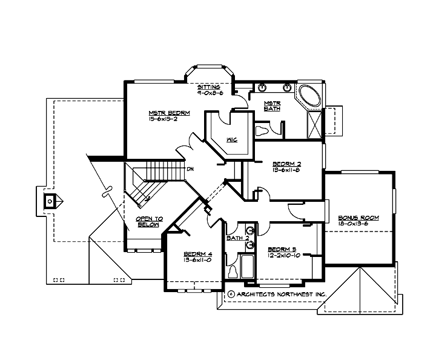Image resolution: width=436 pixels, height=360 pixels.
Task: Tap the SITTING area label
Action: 209,87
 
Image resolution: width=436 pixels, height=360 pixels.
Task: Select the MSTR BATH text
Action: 272,105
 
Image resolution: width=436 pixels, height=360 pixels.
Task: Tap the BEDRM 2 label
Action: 287,163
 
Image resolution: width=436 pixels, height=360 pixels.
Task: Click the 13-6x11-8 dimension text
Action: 287,170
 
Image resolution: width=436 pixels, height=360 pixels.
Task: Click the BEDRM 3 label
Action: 280,249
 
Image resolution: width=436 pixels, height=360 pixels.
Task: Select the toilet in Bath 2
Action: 233,272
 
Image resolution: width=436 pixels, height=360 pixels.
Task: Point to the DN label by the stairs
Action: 190,168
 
